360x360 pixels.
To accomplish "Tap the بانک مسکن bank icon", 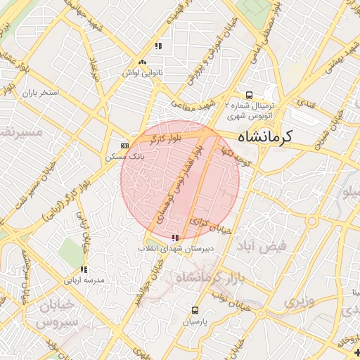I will pos(124,146).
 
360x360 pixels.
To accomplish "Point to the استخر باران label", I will pos(40,93).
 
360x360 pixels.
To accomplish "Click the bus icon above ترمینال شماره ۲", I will pos(248,95).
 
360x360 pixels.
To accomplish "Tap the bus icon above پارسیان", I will pos(195,310).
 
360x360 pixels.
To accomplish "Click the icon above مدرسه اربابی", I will pos(84,269).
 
